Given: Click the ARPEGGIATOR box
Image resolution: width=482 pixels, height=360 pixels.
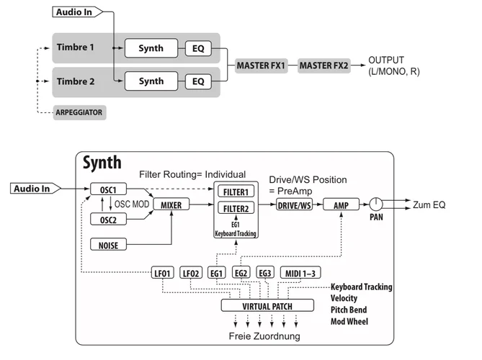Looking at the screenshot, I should click(x=81, y=113).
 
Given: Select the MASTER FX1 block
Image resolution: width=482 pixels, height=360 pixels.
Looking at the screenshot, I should click(x=261, y=66).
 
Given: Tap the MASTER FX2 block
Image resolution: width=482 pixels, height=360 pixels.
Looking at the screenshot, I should click(x=323, y=66).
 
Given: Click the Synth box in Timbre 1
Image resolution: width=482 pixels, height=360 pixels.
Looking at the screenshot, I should click(x=151, y=49).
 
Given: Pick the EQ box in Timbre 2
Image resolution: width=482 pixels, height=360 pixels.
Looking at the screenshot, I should click(x=198, y=81).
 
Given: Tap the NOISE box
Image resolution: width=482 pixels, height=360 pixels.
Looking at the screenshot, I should click(x=109, y=245).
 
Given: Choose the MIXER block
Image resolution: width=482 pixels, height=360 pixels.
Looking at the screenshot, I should click(x=171, y=205).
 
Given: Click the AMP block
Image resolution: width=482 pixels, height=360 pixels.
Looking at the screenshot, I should click(x=341, y=205).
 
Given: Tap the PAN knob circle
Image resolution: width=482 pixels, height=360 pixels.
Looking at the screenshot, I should click(x=376, y=204).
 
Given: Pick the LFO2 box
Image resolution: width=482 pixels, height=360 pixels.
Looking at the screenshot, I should click(x=191, y=273).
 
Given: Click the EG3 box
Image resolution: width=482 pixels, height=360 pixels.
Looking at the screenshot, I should click(x=264, y=273).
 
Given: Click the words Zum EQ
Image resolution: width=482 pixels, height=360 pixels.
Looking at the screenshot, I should click(x=429, y=205).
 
